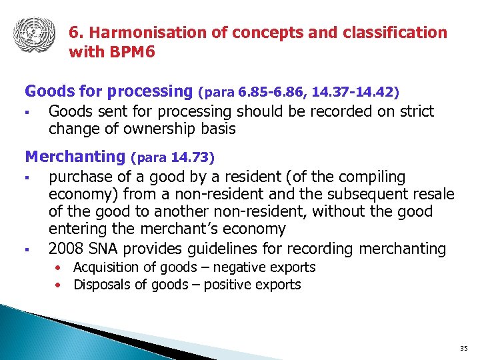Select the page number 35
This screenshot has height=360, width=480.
tap(464, 349)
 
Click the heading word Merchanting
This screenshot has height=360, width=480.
tap(75, 157)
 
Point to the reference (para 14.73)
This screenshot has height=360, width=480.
tap(173, 159)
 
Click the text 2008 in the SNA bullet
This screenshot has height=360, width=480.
tap(66, 249)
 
